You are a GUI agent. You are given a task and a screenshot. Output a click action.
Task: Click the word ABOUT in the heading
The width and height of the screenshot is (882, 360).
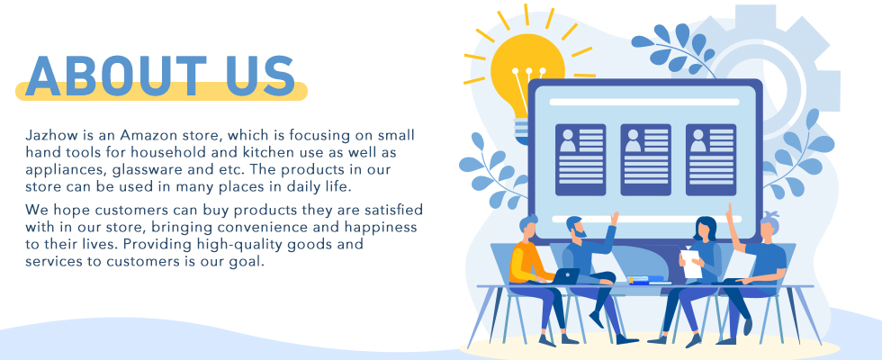pyautogui.click(x=115, y=76)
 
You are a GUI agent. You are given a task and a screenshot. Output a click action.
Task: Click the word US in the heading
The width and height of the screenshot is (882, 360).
pyautogui.click(x=260, y=76)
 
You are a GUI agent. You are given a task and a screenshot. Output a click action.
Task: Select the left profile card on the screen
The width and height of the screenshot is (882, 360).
pyautogui.click(x=580, y=160)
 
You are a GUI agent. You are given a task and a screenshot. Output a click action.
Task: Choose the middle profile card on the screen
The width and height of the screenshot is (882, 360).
pyautogui.click(x=646, y=160)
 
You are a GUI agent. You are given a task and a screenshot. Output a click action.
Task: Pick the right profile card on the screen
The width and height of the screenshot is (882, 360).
pyautogui.click(x=711, y=160)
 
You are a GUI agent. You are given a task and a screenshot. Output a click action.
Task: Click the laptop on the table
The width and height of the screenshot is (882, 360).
pyautogui.click(x=565, y=275)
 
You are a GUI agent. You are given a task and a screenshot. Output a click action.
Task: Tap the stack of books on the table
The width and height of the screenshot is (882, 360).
pyautogui.click(x=646, y=280)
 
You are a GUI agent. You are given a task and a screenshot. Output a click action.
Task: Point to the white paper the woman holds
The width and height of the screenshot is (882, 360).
pyautogui.click(x=691, y=263)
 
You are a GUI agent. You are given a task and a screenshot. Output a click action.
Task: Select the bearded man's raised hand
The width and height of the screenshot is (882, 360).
pyautogui.click(x=615, y=218)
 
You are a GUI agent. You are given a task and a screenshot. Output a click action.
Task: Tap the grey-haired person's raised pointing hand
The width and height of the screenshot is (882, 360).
pyautogui.click(x=731, y=214)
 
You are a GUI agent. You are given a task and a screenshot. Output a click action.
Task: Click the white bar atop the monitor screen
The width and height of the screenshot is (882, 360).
pyautogui.click(x=644, y=102)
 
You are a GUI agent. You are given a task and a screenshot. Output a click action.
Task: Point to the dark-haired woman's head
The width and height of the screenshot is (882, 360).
pyautogui.click(x=706, y=228)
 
